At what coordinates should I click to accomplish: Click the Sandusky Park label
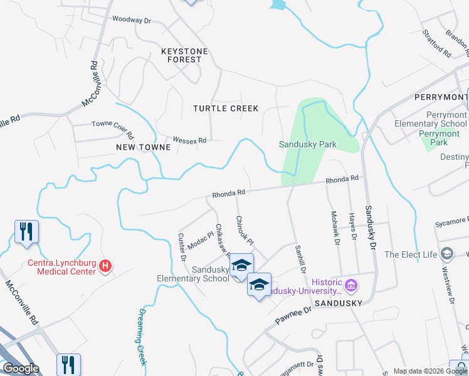pyautogui.click(x=307, y=145)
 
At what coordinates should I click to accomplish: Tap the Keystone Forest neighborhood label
pyautogui.click(x=181, y=55)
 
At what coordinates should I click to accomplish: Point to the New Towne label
pyautogui.click(x=144, y=147)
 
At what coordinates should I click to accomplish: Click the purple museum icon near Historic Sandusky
pyautogui.click(x=350, y=286)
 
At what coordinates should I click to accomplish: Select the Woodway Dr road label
pyautogui.click(x=132, y=20)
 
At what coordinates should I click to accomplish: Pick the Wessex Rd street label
pyautogui.click(x=189, y=140)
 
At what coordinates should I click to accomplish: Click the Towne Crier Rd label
pyautogui.click(x=113, y=130)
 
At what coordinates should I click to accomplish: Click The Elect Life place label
pyautogui.click(x=410, y=254)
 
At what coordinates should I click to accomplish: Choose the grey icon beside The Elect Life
pyautogui.click(x=446, y=254)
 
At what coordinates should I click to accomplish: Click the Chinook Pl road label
pyautogui.click(x=245, y=231)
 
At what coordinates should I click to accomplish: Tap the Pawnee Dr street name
pyautogui.click(x=292, y=316)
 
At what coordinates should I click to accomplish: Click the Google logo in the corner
pyautogui.click(x=21, y=368)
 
